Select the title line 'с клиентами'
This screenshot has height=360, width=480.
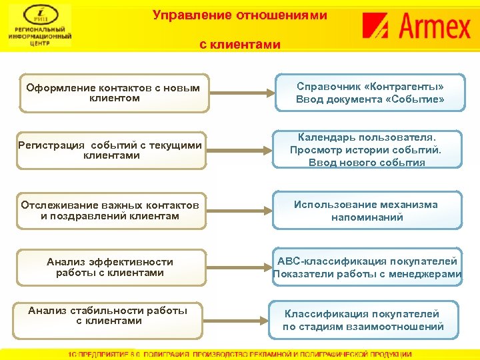[x=240, y=45]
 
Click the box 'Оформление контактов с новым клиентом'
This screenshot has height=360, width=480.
[x=113, y=93]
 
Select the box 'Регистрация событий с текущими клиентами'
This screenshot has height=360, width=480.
[x=110, y=150]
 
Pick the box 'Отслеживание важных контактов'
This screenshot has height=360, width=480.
[x=110, y=210]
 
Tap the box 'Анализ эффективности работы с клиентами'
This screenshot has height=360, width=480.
[x=110, y=267]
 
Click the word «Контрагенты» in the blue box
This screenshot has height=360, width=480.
[x=405, y=87]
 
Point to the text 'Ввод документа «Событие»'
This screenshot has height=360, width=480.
[x=370, y=100]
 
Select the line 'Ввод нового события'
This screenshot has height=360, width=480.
[x=367, y=163]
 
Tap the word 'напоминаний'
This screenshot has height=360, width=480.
[x=367, y=217]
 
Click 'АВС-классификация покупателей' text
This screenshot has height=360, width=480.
[x=367, y=261]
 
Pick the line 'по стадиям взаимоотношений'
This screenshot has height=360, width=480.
[x=363, y=327]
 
